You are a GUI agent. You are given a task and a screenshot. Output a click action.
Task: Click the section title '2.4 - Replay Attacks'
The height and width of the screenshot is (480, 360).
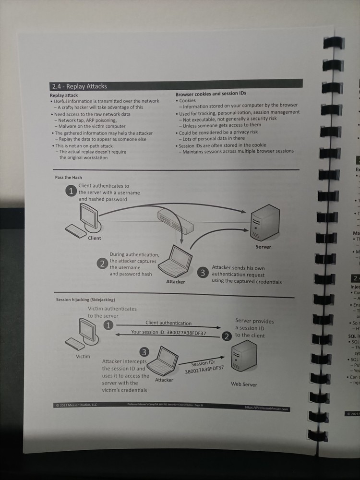[x=79, y=86]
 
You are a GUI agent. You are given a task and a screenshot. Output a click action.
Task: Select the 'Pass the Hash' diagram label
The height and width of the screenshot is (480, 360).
[x=69, y=178]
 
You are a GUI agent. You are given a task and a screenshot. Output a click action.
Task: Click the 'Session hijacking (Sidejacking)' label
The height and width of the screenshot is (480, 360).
[x=85, y=300]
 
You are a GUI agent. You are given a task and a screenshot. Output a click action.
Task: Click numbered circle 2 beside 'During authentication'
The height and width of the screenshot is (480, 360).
[x=102, y=263]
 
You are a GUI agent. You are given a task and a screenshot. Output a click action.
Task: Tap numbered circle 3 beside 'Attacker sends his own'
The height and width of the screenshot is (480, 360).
[x=203, y=273]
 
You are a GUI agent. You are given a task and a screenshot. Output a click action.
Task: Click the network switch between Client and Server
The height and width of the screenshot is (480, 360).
[x=175, y=221]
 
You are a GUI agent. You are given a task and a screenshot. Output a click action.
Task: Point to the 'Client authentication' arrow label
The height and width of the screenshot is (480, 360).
[x=168, y=323]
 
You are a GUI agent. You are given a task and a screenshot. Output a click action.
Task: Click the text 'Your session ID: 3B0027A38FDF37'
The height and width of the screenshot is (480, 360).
[x=168, y=332]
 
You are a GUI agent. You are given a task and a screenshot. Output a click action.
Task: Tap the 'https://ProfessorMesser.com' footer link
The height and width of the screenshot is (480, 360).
[x=266, y=408]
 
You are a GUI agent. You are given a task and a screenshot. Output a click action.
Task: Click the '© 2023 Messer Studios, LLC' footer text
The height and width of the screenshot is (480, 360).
[x=76, y=405]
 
